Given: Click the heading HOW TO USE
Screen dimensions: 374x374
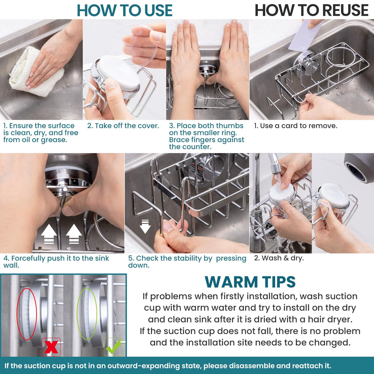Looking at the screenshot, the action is click(124, 10).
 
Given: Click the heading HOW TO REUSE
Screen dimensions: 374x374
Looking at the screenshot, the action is click(311, 10).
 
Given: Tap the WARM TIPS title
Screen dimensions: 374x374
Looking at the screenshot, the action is click(250, 282).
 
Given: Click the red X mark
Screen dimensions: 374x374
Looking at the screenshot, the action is click(51, 347).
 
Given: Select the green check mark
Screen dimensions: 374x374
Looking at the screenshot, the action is click(113, 347).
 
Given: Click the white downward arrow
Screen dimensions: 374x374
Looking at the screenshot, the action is click(145, 227).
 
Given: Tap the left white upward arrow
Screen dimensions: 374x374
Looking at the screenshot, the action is click(49, 234).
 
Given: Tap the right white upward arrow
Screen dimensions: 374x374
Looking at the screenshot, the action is click(74, 234).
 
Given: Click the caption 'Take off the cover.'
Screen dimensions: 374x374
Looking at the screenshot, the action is click(123, 126).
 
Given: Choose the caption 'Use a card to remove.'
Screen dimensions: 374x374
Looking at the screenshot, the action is click(295, 126).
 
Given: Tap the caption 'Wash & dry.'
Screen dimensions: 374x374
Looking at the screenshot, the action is click(279, 258).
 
